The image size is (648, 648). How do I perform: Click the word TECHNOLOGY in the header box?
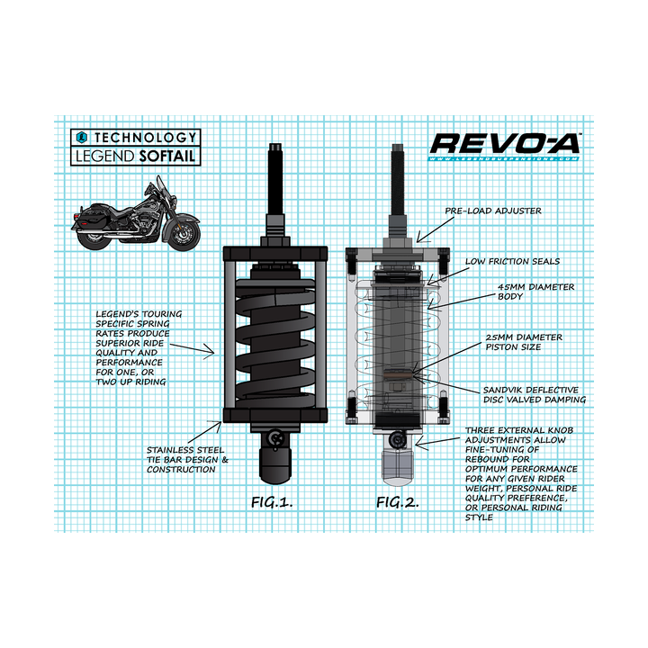tap(144, 138)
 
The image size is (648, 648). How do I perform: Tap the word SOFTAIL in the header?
tap(168, 156)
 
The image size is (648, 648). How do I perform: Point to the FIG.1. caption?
tap(273, 501)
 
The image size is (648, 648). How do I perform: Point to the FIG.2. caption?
tap(398, 501)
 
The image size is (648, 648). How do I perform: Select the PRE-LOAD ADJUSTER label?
tap(492, 211)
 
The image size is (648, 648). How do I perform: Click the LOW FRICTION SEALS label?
tap(512, 261)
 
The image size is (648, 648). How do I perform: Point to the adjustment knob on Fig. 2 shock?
tap(399, 439)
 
